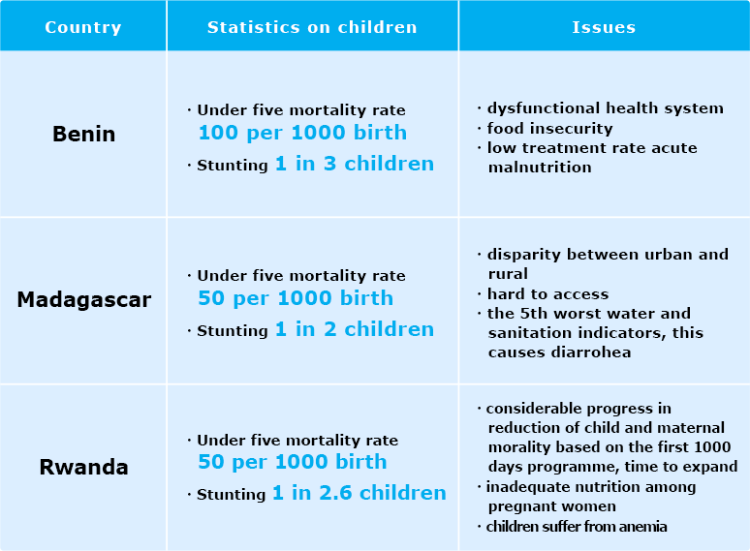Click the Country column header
pyautogui.click(x=83, y=26)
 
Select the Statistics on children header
pyautogui.click(x=312, y=26)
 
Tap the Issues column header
pyautogui.click(x=604, y=26)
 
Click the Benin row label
pyautogui.click(x=83, y=135)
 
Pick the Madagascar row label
pyautogui.click(x=84, y=300)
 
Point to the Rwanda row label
pyautogui.click(x=83, y=468)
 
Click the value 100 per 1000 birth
pyautogui.click(x=302, y=133)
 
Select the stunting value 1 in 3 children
pyautogui.click(x=354, y=164)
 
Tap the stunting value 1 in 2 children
pyautogui.click(x=354, y=329)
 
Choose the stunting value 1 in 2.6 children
pyautogui.click(x=359, y=493)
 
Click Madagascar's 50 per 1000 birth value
pyautogui.click(x=296, y=298)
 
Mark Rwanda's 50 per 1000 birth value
pyautogui.click(x=292, y=462)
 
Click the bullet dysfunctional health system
pyautogui.click(x=605, y=108)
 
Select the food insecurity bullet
pyautogui.click(x=549, y=128)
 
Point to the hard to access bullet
pyautogui.click(x=547, y=293)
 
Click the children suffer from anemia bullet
pyautogui.click(x=576, y=527)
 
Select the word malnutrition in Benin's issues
pyautogui.click(x=539, y=167)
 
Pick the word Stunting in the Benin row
pyautogui.click(x=233, y=166)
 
